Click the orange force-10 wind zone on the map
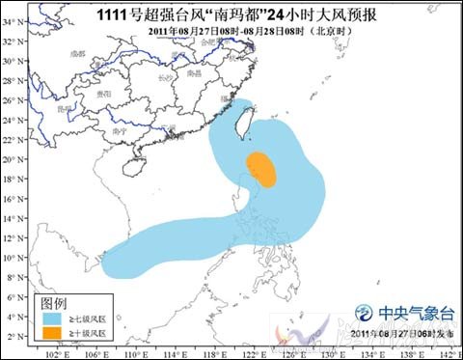pyautogui.click(x=260, y=169)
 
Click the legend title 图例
pyautogui.click(x=55, y=302)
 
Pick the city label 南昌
pyautogui.click(x=193, y=73)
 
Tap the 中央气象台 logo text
pyautogui.click(x=417, y=313)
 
